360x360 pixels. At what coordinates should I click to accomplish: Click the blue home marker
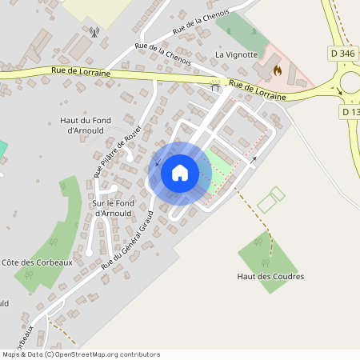(180, 172)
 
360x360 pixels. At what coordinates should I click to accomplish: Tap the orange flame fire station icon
(278, 70)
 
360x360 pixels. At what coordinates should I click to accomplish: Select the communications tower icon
(94, 34)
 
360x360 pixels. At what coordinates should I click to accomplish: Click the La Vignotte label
(237, 54)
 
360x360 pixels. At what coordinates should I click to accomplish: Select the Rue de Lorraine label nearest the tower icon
(80, 73)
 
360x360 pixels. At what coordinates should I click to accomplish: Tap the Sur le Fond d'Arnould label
(107, 208)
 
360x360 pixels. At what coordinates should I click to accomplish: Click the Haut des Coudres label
(270, 277)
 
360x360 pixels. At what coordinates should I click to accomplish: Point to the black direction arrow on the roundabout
(340, 91)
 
